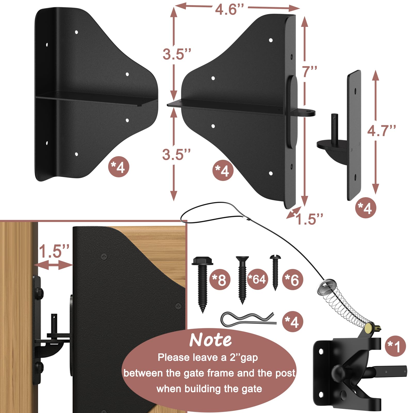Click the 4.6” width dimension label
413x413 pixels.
coord(229,10)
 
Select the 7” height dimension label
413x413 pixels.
coord(309,71)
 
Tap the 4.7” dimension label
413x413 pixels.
coord(382,131)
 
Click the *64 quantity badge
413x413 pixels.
coord(257,279)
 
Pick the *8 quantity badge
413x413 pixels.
coord(219,280)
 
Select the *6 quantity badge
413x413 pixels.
coord(292,280)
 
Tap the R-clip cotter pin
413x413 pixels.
coord(248,320)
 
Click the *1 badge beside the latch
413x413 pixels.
coord(395,346)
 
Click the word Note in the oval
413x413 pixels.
coord(210,340)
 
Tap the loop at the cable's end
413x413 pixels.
coord(212,216)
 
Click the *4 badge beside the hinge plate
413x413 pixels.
coord(366,208)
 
